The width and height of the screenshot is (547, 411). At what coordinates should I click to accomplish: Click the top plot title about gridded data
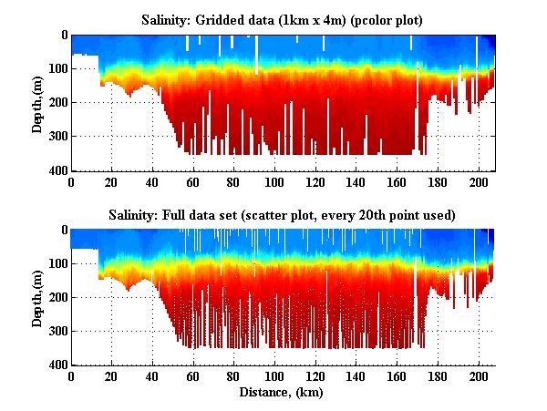point(282,19)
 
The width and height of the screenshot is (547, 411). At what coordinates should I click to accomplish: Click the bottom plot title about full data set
point(282,214)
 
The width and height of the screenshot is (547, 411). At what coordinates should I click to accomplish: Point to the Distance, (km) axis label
point(282,393)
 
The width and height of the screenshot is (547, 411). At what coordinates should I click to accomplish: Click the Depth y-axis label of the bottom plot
point(37,297)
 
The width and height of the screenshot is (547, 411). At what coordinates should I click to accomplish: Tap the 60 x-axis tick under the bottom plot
point(193,375)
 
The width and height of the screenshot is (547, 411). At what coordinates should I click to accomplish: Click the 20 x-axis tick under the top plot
point(112,180)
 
